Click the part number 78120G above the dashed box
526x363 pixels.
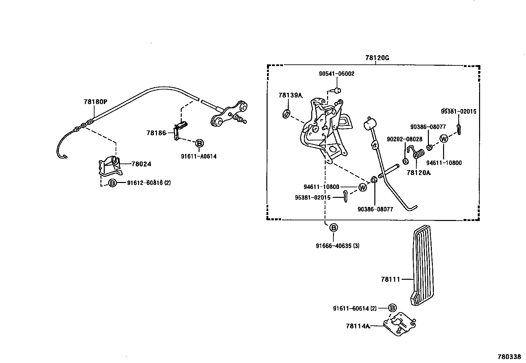pos(377,58)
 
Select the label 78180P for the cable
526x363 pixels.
pos(95,102)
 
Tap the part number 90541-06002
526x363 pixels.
pos(336,74)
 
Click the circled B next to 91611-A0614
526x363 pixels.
pos(199,143)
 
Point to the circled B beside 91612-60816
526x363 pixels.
pos(112,183)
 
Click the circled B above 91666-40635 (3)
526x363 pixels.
pos(334,228)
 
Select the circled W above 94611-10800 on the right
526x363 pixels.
pos(444,139)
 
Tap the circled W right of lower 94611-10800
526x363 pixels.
pos(362,187)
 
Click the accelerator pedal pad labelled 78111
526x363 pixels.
pos(422,266)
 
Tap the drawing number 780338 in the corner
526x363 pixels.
pos(509,357)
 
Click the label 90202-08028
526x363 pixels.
pos(404,139)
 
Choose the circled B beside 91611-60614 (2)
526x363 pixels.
pos(392,308)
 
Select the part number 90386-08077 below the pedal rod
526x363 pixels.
pos(375,209)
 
